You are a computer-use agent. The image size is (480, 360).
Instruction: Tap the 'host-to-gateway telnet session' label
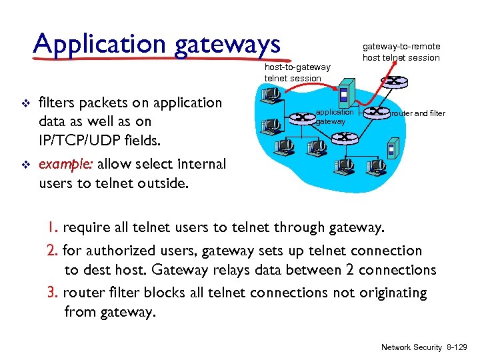tap(297, 73)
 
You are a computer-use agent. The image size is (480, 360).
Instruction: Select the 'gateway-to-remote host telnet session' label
tap(401, 52)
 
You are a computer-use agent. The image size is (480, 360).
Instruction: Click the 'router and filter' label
tap(418, 113)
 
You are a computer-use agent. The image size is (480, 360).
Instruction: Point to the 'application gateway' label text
tap(334, 117)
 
